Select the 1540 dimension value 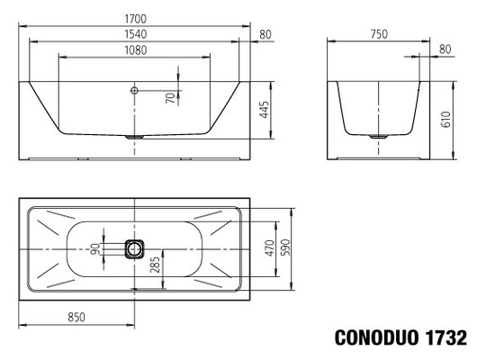pyautogui.click(x=133, y=33)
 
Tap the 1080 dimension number pyautogui.click(x=133, y=49)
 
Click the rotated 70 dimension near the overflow pyautogui.click(x=168, y=98)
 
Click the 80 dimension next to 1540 pyautogui.click(x=264, y=34)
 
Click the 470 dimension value pyautogui.click(x=268, y=248)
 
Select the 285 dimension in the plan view pyautogui.click(x=156, y=265)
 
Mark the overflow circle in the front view pyautogui.click(x=133, y=90)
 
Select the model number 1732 pyautogui.click(x=445, y=339)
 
